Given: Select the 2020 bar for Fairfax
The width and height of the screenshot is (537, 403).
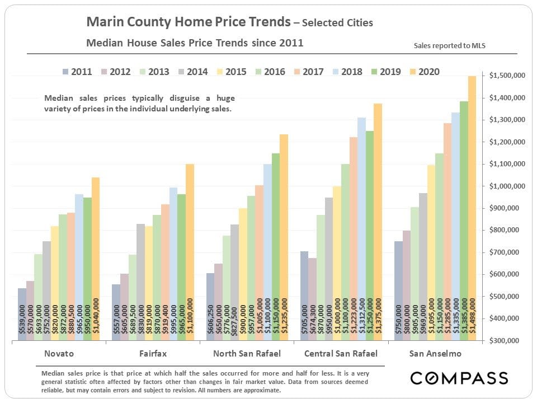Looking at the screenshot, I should [190, 252].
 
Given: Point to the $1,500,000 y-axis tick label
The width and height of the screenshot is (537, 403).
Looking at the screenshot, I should [506, 76].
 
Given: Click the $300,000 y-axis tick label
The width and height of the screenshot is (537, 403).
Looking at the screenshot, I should [506, 340].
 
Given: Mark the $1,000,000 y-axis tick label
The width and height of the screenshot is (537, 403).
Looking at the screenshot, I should [506, 186].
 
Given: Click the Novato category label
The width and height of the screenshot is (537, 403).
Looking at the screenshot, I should [59, 354].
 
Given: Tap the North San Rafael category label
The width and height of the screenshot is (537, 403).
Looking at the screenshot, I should [247, 354].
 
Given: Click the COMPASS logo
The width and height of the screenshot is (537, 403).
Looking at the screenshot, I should [459, 378].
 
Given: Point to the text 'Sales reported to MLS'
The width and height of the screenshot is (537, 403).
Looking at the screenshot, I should [449, 45].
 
